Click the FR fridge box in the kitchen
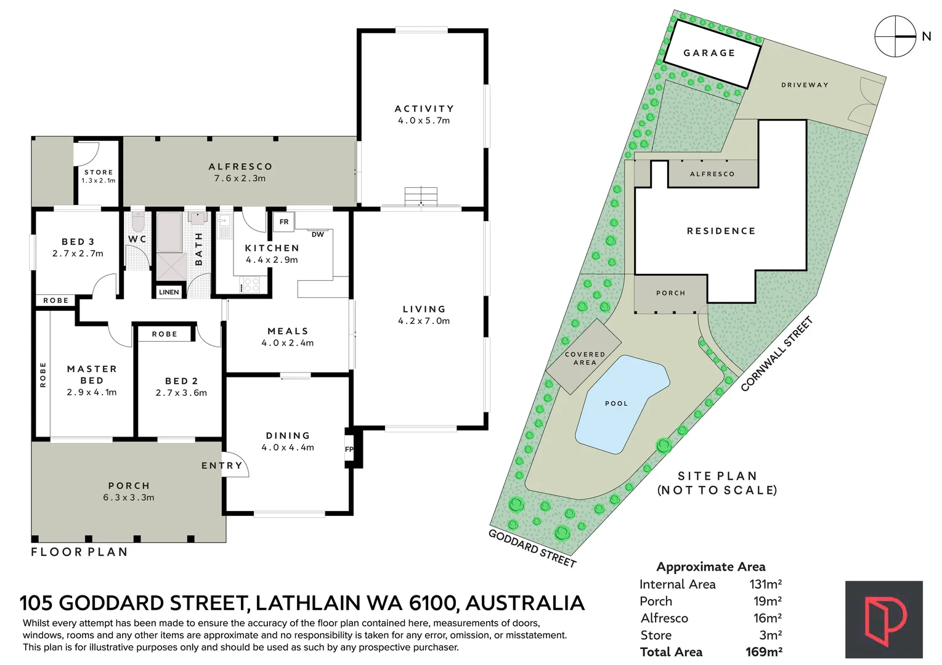tap(284, 222)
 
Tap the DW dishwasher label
tap(318, 235)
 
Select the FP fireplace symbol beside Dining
tap(349, 449)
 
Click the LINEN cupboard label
tap(169, 292)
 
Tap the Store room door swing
tap(86, 155)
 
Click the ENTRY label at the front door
tap(222, 465)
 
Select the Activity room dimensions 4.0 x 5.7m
tap(424, 121)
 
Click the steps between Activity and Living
tap(421, 196)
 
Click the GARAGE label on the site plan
tap(710, 53)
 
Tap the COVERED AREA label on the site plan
tap(585, 358)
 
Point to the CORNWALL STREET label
tap(776, 354)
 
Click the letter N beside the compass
tap(926, 36)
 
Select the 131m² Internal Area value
tap(765, 584)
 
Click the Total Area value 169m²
tap(764, 652)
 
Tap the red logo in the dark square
tap(883, 619)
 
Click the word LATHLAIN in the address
tap(308, 603)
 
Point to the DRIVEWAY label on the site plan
tap(805, 85)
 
